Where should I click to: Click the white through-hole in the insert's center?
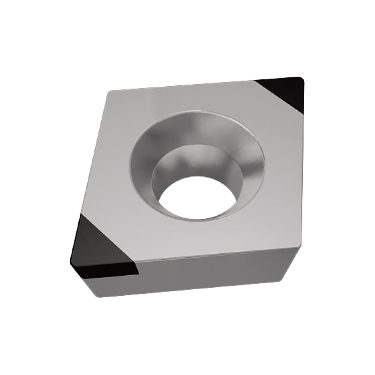pos(196,197)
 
